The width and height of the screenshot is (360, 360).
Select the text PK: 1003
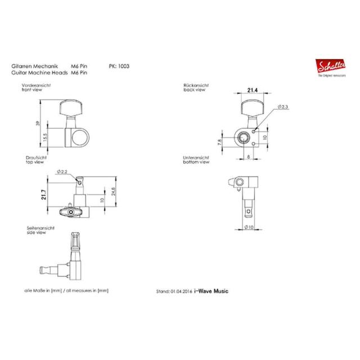[119, 66]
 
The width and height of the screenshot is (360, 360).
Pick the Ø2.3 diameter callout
[282, 107]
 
